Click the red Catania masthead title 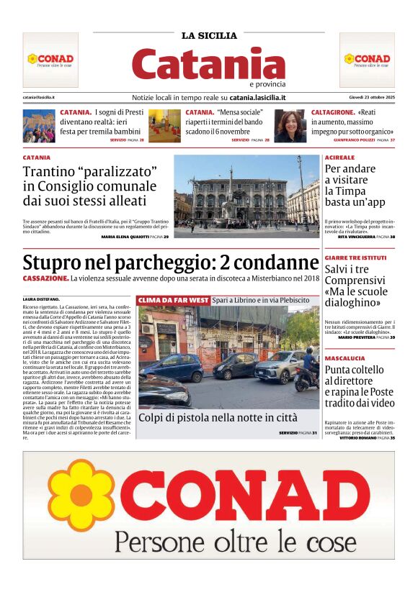[x=208, y=63]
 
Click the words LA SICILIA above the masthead [x=208, y=35]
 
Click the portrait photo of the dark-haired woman [x=289, y=126]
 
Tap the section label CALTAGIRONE [x=333, y=113]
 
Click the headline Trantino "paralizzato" [x=90, y=173]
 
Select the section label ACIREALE [x=339, y=157]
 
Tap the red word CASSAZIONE [x=45, y=278]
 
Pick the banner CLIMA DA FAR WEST [x=172, y=299]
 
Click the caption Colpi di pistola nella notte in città [x=217, y=417]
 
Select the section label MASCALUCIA [x=345, y=356]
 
